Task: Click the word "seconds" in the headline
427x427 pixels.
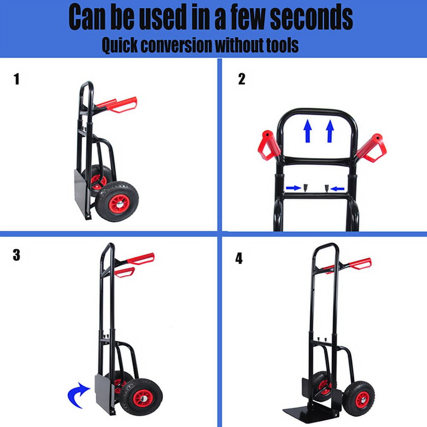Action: pyautogui.click(x=311, y=18)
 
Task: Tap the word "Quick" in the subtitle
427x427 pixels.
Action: pyautogui.click(x=120, y=45)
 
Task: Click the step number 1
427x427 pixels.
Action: pyautogui.click(x=17, y=79)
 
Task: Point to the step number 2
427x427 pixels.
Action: pyautogui.click(x=242, y=79)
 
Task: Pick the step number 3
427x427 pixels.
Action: pyautogui.click(x=16, y=255)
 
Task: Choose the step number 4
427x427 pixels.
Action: pyautogui.click(x=239, y=258)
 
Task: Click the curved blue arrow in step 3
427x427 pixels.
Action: pyautogui.click(x=78, y=395)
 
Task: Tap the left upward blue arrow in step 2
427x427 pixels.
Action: pyautogui.click(x=308, y=131)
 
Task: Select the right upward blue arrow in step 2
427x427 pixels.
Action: pyautogui.click(x=330, y=131)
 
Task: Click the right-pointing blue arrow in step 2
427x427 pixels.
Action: pyautogui.click(x=293, y=188)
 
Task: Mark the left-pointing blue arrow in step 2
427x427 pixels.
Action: pyautogui.click(x=337, y=188)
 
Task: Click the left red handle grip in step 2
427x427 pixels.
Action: pyautogui.click(x=269, y=145)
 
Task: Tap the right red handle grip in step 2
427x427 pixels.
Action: pyautogui.click(x=372, y=148)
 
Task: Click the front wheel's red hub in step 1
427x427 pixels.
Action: pyautogui.click(x=119, y=204)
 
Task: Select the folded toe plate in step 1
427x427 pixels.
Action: pyautogui.click(x=81, y=192)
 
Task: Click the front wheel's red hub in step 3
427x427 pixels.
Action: pyautogui.click(x=143, y=398)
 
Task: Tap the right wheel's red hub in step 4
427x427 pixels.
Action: pyautogui.click(x=362, y=399)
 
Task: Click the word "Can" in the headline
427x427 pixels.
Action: pyautogui.click(x=87, y=18)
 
